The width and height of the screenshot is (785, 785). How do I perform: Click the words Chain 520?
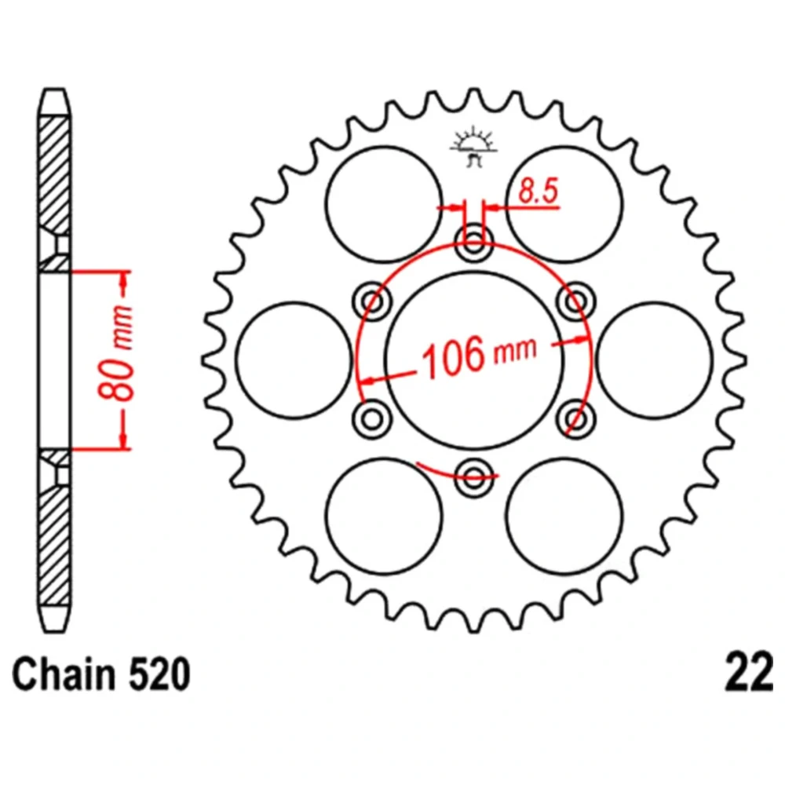click(x=101, y=676)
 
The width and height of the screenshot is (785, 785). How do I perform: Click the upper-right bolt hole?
click(x=577, y=299)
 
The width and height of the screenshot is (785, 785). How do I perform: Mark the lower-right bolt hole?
click(x=577, y=415)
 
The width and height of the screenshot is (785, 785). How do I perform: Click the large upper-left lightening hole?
click(x=384, y=203)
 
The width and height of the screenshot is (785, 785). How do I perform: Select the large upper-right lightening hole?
click(x=564, y=203)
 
